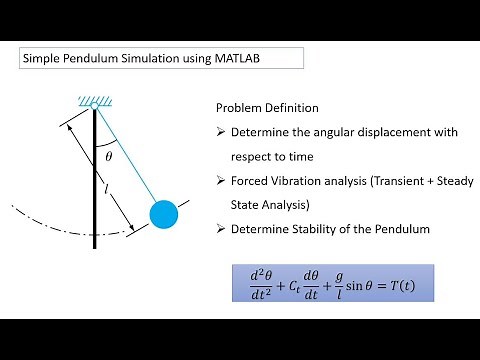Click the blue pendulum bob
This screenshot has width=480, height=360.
pyautogui.click(x=164, y=213)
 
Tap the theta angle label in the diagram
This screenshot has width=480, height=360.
pyautogui.click(x=109, y=155)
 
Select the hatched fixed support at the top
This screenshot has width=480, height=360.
pyautogui.click(x=95, y=100)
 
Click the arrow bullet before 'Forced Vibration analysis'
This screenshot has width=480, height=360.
pyautogui.click(x=221, y=181)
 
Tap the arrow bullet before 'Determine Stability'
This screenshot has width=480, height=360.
pyautogui.click(x=221, y=230)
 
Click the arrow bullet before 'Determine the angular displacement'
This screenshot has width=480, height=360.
pyautogui.click(x=221, y=132)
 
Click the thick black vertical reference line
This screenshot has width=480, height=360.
pyautogui.click(x=96, y=170)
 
